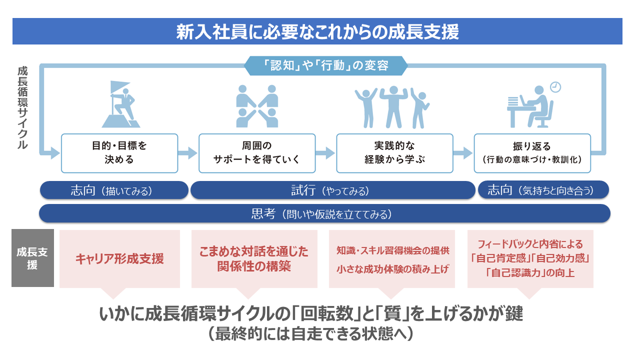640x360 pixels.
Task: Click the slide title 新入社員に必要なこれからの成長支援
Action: pos(317,32)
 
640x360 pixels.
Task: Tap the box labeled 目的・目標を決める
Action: pos(119,153)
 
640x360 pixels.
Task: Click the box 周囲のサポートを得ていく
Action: pos(257,153)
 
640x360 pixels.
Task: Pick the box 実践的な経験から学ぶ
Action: pos(394,153)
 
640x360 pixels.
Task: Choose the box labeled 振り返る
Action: pos(532,153)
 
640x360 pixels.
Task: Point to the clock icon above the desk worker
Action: pos(555,87)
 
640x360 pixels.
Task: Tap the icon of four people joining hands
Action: pos(257,105)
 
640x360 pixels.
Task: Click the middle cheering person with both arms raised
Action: pos(394,106)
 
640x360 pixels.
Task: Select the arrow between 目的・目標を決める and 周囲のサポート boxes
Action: pos(188,153)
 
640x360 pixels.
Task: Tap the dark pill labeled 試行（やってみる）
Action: pos(332,190)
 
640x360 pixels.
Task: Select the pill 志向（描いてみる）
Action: pos(113,190)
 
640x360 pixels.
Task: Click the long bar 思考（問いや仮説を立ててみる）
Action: pos(324,214)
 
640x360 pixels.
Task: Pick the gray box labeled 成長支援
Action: pos(32,258)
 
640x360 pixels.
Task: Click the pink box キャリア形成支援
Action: pos(119,259)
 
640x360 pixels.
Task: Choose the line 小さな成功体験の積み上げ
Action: pos(392,269)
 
